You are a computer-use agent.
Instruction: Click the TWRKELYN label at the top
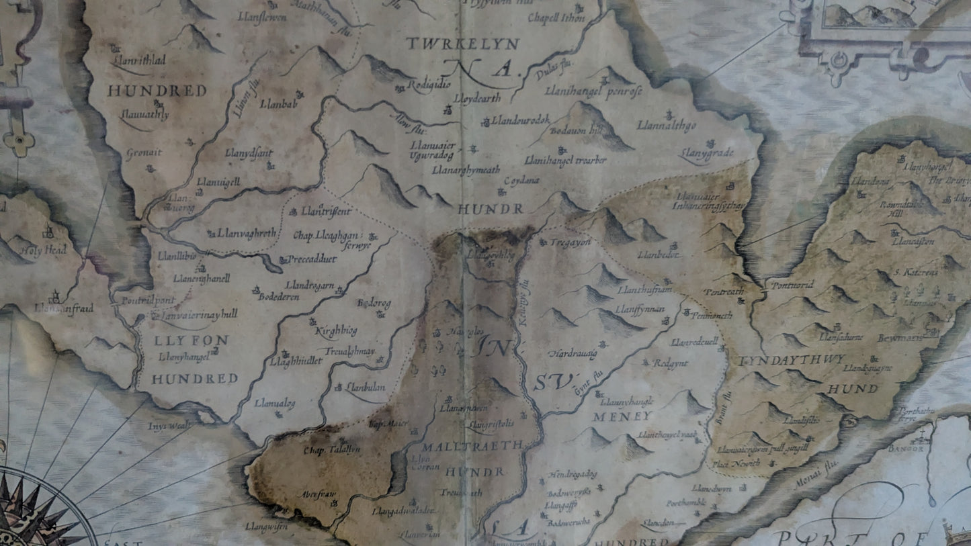(x=462, y=44)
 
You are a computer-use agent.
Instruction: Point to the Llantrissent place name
(x=326, y=212)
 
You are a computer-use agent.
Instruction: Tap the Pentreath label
(x=723, y=292)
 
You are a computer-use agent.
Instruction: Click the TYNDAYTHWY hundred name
(x=792, y=361)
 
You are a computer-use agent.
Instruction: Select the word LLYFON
(x=182, y=340)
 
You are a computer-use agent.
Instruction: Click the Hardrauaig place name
(x=572, y=353)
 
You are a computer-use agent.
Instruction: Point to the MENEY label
(x=612, y=416)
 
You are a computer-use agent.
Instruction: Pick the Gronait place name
(x=144, y=153)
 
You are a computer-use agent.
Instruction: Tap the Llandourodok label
(x=520, y=120)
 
